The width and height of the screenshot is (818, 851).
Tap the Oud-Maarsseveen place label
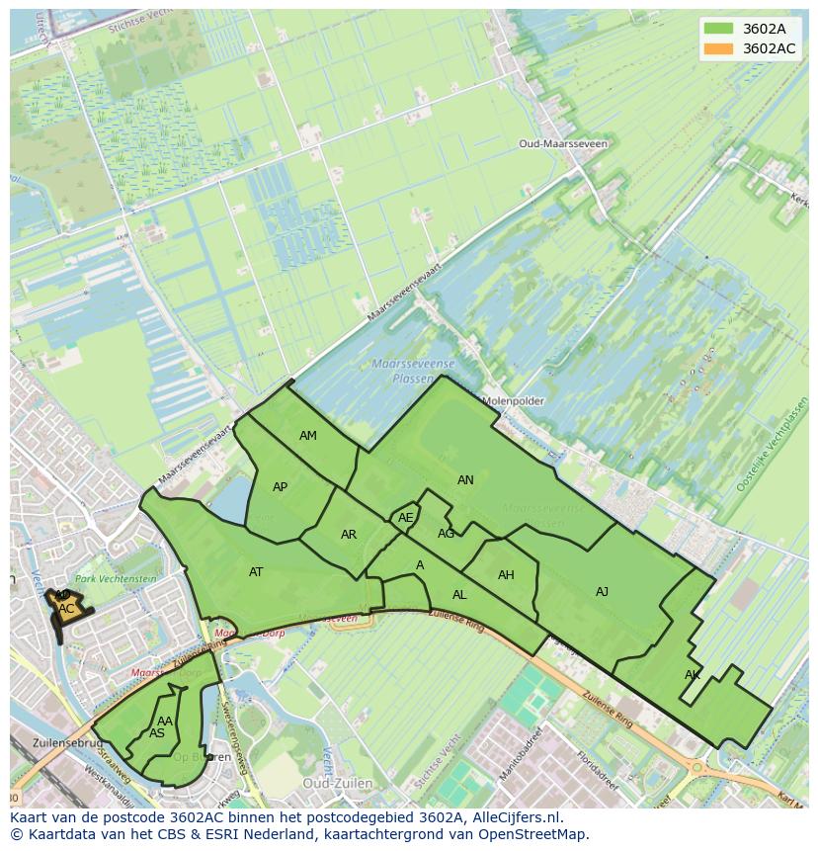[x=563, y=143]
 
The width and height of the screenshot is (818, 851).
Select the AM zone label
[x=308, y=436]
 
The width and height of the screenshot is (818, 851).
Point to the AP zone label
[x=280, y=487]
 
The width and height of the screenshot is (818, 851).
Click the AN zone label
[x=465, y=480]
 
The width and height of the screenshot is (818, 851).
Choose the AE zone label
[x=405, y=518]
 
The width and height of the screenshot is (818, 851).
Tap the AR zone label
[x=348, y=535]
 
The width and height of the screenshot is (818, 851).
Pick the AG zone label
[x=446, y=534]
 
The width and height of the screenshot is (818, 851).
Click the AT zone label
[x=256, y=572]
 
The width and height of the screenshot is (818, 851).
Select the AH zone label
[x=506, y=575]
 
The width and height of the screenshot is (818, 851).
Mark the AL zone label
[x=459, y=595]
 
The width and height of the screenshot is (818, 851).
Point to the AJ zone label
[x=602, y=592]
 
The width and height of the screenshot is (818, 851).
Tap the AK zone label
[x=692, y=675]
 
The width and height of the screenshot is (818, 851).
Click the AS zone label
[x=156, y=733]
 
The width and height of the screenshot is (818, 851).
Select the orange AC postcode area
[x=65, y=610]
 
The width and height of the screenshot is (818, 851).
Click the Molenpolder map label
[x=513, y=401]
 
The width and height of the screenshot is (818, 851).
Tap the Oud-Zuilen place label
[x=337, y=783]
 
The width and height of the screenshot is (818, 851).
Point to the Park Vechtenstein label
[x=117, y=578]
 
